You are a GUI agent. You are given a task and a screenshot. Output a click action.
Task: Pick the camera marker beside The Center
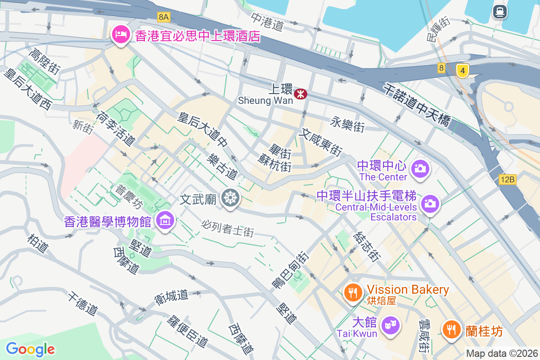pos(421,169)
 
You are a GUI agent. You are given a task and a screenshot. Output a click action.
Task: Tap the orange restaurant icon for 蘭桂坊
pos(450,329)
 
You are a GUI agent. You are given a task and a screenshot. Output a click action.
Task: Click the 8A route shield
pos(164,17)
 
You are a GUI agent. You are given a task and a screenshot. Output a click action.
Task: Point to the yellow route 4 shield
pos(462,70)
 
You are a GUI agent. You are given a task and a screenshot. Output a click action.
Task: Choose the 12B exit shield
pos(507,180)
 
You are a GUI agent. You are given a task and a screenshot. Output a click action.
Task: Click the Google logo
pos(30,349)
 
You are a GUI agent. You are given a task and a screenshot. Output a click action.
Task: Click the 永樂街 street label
pos(347,125)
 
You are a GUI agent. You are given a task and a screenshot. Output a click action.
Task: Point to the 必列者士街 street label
pos(228,228)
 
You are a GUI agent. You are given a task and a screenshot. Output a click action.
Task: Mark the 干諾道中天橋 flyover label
pos(418,104)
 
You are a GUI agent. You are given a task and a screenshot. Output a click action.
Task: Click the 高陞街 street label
pos(44,61)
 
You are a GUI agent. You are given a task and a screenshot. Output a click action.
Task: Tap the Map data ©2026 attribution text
pos(501,353)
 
